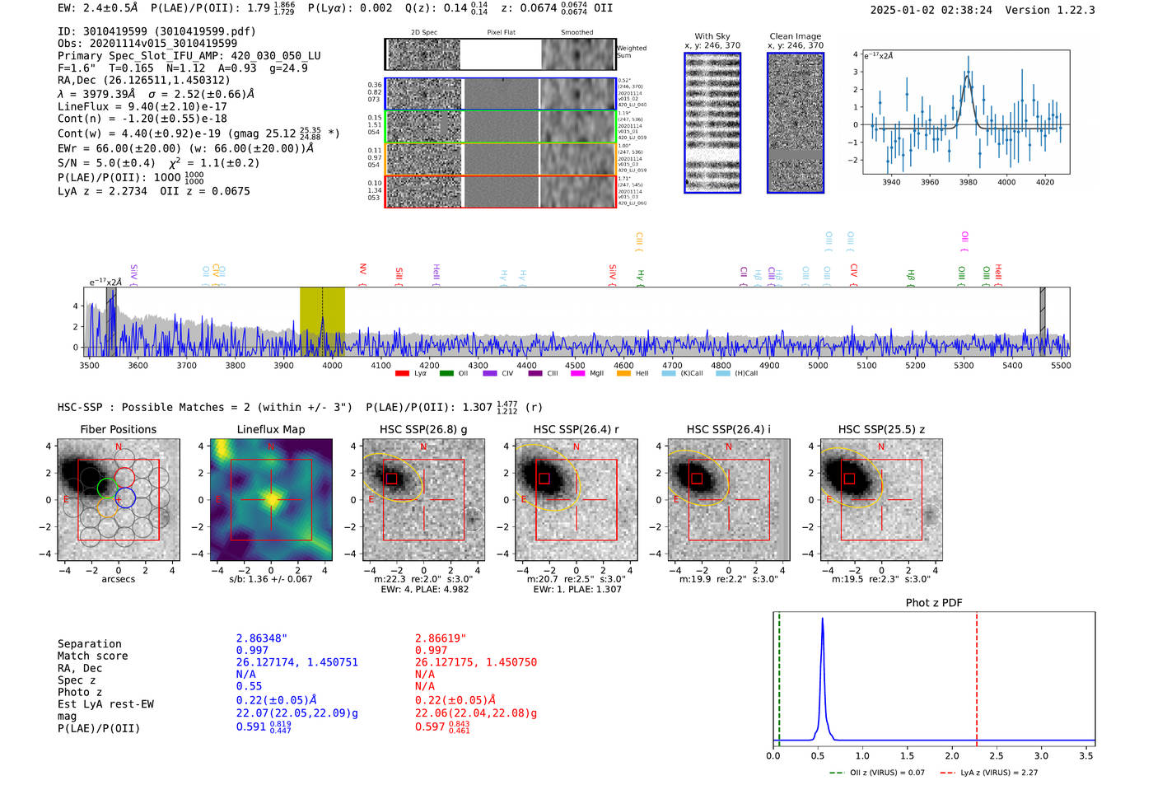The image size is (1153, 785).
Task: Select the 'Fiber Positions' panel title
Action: (118, 429)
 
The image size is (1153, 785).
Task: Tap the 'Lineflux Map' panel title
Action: (270, 429)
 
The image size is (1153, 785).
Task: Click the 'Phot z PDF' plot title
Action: (934, 602)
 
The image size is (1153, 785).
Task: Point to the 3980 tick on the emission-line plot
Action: (968, 182)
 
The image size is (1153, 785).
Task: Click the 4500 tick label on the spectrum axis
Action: (575, 366)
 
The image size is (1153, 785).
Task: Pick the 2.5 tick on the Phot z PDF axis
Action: (996, 755)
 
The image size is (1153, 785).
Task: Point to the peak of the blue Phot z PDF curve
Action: (822, 619)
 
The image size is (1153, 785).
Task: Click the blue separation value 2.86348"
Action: (261, 638)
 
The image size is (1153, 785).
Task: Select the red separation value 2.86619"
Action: (440, 638)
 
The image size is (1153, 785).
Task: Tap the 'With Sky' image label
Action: (712, 36)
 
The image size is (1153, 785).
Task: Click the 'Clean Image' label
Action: (795, 36)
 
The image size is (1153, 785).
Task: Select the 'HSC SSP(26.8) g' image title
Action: (423, 429)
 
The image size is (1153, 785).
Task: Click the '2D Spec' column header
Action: (424, 33)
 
